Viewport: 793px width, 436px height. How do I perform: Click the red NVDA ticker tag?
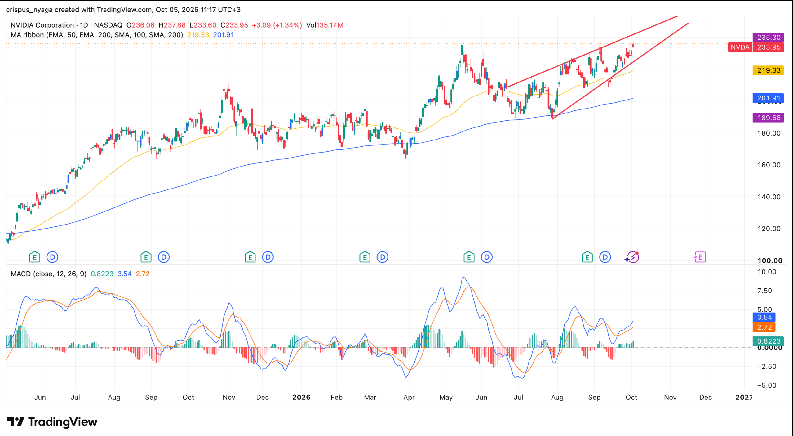pyautogui.click(x=740, y=47)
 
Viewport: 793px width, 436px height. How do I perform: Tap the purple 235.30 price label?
pyautogui.click(x=768, y=37)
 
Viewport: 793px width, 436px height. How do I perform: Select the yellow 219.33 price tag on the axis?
pyautogui.click(x=768, y=70)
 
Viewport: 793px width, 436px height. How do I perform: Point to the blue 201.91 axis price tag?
pyautogui.click(x=768, y=98)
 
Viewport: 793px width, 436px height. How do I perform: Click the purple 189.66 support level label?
pyautogui.click(x=768, y=118)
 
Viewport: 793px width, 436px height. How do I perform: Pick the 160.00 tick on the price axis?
pyautogui.click(x=769, y=165)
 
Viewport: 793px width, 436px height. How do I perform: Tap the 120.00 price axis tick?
pyautogui.click(x=769, y=229)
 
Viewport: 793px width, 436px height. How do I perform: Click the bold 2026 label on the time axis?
pyautogui.click(x=301, y=397)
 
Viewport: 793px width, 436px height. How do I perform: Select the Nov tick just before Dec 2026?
pyautogui.click(x=670, y=397)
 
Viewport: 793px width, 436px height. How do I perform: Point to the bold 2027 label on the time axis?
pyautogui.click(x=744, y=397)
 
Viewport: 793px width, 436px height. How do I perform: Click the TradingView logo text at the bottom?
pyautogui.click(x=63, y=422)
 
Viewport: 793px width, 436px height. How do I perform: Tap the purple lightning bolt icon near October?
pyautogui.click(x=632, y=257)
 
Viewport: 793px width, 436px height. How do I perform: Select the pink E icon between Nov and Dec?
pyautogui.click(x=700, y=257)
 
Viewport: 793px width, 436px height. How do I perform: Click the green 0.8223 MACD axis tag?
pyautogui.click(x=768, y=341)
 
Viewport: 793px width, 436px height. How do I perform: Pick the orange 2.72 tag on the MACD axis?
pyautogui.click(x=764, y=327)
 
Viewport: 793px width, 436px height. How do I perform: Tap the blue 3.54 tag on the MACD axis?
pyautogui.click(x=764, y=317)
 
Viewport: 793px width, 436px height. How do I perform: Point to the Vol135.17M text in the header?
pyautogui.click(x=325, y=25)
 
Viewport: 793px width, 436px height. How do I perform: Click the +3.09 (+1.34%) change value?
pyautogui.click(x=277, y=25)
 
